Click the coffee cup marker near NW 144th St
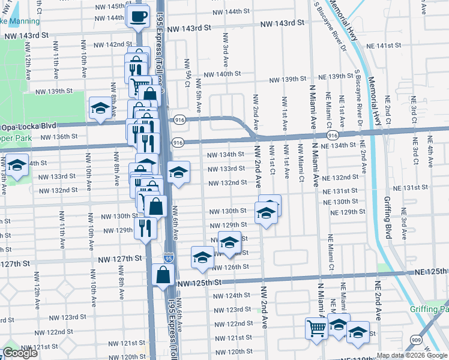[x=138, y=16]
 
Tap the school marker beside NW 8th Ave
[x=100, y=109]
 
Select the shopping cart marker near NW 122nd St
[x=317, y=328]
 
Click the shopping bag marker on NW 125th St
[x=163, y=275]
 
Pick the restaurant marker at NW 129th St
[x=145, y=227]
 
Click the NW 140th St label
[x=222, y=74]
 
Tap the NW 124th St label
[x=229, y=296]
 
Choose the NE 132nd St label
[x=340, y=178]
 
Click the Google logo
[x=20, y=353]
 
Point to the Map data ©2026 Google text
[x=412, y=355]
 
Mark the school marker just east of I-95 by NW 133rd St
[x=178, y=172]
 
